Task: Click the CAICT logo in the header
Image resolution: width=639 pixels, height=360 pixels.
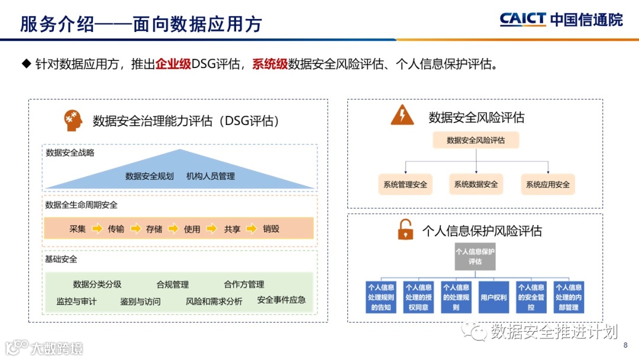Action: point(561,20)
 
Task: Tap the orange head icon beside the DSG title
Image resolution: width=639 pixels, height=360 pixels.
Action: point(73,120)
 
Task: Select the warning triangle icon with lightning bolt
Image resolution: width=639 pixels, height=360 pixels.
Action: point(402,115)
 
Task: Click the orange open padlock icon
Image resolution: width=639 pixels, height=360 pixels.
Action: point(405,230)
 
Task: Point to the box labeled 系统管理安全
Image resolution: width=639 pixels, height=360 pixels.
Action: point(405,185)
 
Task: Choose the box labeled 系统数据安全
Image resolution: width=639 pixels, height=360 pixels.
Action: point(476,184)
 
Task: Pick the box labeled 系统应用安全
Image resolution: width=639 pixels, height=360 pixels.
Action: point(548,185)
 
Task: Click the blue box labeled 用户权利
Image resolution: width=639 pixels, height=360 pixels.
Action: point(493,297)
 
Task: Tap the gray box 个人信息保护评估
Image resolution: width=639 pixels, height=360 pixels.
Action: point(475,256)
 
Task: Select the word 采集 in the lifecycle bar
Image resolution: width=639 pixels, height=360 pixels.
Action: point(78,229)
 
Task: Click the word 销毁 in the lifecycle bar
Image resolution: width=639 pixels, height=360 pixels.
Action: point(271,229)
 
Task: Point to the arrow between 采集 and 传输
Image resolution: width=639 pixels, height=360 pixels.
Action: point(97,229)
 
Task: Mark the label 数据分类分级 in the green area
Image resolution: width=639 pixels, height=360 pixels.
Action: point(97,284)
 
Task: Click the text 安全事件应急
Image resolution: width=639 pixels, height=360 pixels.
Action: point(282,300)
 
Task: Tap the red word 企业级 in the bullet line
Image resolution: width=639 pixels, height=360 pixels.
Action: point(173,64)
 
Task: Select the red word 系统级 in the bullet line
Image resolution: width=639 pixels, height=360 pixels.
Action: point(270,64)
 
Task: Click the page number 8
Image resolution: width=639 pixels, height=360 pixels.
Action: point(625,345)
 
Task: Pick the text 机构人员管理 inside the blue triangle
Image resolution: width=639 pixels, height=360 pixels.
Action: point(211,176)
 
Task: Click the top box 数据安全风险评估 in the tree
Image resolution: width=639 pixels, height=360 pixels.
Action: point(476,140)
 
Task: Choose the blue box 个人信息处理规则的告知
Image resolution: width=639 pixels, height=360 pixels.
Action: point(381,297)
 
